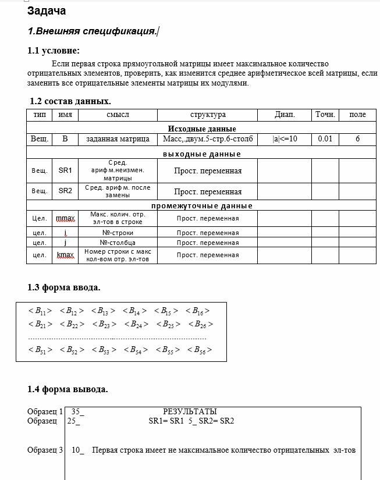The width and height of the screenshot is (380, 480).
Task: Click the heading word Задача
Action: [47, 10]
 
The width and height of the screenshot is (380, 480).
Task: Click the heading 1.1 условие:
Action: [54, 51]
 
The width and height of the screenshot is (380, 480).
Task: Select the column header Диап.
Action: [285, 115]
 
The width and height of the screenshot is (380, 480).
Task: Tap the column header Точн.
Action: [325, 115]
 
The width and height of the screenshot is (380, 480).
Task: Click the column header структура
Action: [208, 115]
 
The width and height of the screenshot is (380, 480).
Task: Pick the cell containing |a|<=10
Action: [285, 139]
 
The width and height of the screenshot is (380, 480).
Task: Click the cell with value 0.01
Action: [325, 139]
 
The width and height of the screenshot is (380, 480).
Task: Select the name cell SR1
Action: [65, 170]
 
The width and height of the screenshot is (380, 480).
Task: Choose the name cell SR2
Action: [65, 191]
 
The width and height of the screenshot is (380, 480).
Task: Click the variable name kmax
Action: [65, 255]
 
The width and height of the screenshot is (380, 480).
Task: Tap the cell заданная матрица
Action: [118, 139]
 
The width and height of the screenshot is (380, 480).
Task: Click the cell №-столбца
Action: [118, 243]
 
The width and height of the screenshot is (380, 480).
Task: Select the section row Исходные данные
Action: [202, 129]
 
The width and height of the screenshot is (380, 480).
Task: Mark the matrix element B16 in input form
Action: [198, 311]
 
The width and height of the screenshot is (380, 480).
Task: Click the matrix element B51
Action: [40, 350]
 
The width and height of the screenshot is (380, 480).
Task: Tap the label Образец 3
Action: [45, 450]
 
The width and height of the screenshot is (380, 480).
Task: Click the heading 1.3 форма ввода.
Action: [64, 287]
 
